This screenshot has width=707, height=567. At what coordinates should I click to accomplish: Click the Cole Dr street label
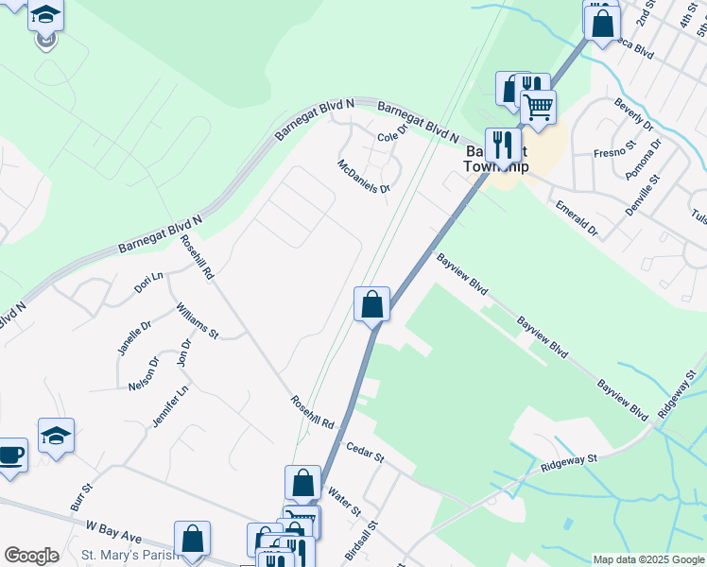click(x=391, y=134)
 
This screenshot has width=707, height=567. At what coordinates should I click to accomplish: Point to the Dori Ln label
click(x=149, y=282)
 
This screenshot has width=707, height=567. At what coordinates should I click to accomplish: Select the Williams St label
click(x=198, y=320)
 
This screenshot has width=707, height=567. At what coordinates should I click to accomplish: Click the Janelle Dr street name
click(x=135, y=337)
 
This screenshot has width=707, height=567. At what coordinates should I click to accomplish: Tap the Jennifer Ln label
click(x=171, y=404)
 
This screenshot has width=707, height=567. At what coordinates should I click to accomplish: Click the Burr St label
click(x=81, y=497)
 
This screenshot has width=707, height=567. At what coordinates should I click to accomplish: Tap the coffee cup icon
click(x=11, y=455)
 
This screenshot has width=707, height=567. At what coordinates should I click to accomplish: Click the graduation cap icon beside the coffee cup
click(x=56, y=436)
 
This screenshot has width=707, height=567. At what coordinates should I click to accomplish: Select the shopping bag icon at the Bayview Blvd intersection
click(x=372, y=304)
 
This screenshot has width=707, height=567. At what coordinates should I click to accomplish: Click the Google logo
click(x=31, y=556)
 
